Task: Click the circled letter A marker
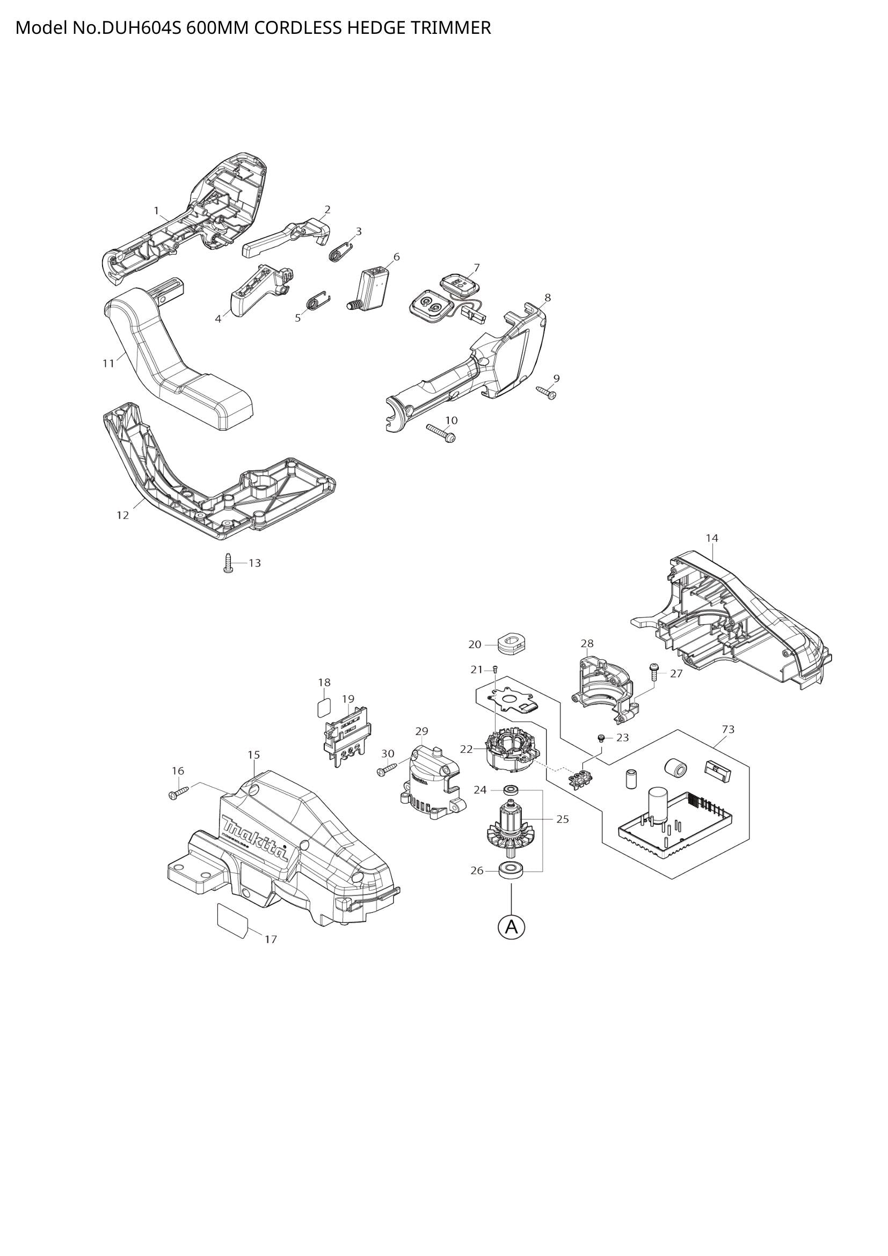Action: [511, 927]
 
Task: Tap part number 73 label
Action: [728, 729]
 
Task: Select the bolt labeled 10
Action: [441, 433]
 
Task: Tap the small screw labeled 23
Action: [601, 738]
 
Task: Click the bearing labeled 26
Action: [511, 869]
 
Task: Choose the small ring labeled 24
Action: [511, 790]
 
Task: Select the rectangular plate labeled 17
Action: [232, 920]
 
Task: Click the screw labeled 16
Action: [179, 793]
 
